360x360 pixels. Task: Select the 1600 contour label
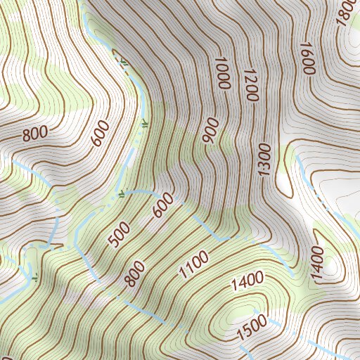(x=306, y=59)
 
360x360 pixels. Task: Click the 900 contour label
(x=210, y=133)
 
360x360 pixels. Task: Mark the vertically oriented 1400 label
(x=318, y=264)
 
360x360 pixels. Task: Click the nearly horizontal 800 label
(x=34, y=132)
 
